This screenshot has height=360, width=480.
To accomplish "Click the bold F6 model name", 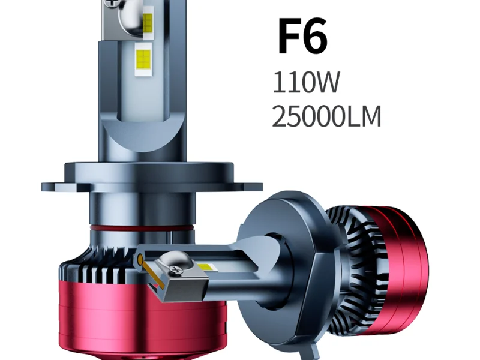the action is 302,37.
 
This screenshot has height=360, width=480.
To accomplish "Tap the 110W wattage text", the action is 306,82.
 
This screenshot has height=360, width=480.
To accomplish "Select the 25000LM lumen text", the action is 326,116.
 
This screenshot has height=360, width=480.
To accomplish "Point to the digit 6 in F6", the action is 316,37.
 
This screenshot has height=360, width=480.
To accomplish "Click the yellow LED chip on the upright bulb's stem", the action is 143,59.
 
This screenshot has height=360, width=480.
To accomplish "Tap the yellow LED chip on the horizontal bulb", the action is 207,267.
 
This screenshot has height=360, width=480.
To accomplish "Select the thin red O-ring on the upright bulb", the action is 142,228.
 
